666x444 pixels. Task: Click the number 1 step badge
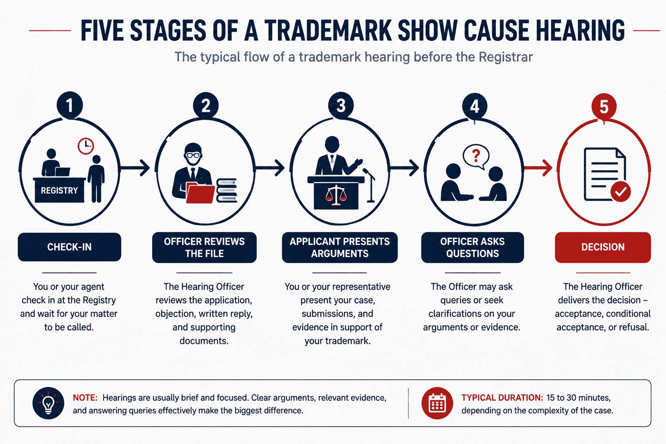point(69,105)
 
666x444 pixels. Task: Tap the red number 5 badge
point(604,107)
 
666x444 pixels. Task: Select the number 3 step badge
point(341,105)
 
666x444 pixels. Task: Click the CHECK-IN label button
point(69,247)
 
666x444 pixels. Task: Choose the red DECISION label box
point(603,247)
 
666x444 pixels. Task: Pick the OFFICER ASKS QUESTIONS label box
point(473,247)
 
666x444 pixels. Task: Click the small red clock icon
point(85,146)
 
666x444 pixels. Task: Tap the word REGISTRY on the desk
point(59,190)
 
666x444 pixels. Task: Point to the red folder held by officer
point(200,193)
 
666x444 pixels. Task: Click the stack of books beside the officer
point(227,190)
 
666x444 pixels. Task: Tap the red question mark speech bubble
point(476,157)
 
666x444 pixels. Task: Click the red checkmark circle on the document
point(620,192)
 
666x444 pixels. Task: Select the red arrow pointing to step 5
point(538,168)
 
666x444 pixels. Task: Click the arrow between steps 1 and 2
point(135,168)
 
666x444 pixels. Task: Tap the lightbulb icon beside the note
point(48,403)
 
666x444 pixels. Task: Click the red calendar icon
point(437,403)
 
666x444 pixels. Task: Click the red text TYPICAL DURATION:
point(502,398)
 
